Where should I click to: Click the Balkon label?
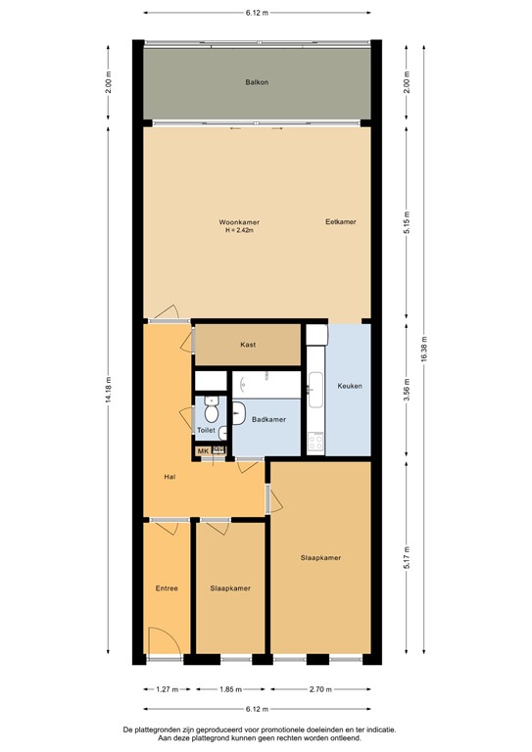click(257, 82)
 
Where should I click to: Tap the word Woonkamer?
click(239, 222)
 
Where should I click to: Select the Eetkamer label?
click(340, 222)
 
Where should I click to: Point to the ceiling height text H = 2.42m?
click(239, 231)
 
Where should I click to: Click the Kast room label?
click(248, 345)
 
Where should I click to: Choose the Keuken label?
click(350, 386)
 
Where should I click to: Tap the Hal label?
click(169, 477)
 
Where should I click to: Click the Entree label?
click(167, 588)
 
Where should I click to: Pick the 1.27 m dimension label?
click(167, 690)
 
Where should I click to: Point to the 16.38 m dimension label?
click(423, 352)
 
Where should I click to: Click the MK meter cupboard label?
click(204, 451)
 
